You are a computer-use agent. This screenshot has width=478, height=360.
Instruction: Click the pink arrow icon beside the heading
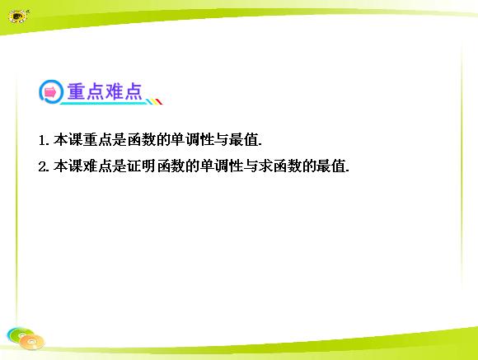50,91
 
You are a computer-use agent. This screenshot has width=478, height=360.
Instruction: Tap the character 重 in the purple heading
76,91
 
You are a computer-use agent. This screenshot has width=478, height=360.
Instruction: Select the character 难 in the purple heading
114,91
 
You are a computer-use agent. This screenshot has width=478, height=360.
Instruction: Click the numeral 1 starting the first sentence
42,141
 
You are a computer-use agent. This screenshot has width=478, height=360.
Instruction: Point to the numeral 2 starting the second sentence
42,166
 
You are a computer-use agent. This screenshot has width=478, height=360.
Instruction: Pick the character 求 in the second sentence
265,166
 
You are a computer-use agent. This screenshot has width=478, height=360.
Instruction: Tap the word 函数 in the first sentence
142,140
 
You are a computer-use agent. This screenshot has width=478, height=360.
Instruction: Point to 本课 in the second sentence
68,166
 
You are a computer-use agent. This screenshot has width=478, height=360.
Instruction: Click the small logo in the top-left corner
18,16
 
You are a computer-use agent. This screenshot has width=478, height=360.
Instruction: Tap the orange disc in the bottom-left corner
31,342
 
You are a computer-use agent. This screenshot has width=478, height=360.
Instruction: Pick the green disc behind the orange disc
19,334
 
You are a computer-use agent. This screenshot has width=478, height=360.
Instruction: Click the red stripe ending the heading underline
159,101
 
